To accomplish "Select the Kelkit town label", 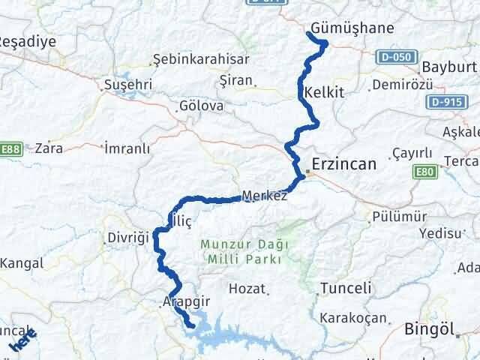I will pos(324,93).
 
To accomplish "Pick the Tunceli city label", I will pos(345,288).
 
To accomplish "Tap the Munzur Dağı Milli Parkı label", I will pos(240,252).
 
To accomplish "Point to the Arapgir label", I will pos(184,301).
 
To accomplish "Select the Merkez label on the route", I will pos(264,196).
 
